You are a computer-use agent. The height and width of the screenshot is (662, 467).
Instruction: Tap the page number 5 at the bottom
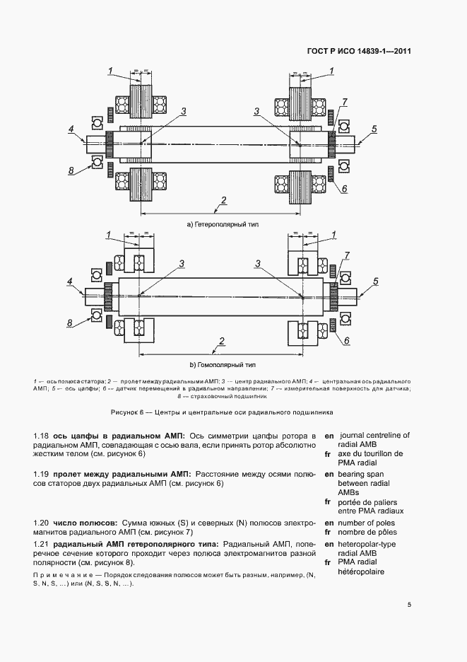pos(410,605)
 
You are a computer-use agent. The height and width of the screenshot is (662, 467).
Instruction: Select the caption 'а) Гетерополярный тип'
pos(223,224)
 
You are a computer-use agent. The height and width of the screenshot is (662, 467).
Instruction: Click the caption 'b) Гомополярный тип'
pos(223,365)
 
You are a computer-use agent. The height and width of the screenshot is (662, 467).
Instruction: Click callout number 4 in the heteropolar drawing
pos(71,129)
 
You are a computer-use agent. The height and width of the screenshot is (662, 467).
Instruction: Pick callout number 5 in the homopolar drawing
pos(375,281)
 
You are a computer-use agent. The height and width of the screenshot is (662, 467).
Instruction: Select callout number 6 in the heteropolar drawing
pos(344,189)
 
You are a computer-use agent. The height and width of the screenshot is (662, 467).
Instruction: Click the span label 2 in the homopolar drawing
pos(222,341)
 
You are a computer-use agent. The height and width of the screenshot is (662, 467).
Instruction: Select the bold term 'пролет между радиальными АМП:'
pos(122,473)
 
